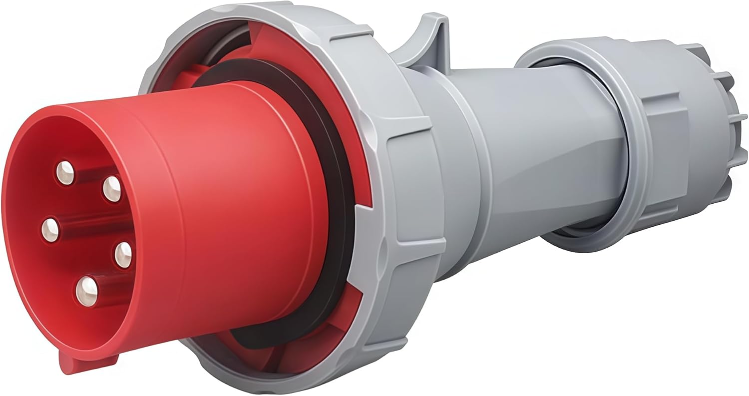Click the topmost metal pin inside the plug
tap(65, 172)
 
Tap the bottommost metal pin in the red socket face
tap(87, 290)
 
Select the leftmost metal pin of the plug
tap(50, 230)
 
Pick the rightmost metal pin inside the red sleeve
tap(123, 255)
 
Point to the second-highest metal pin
tap(112, 189)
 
